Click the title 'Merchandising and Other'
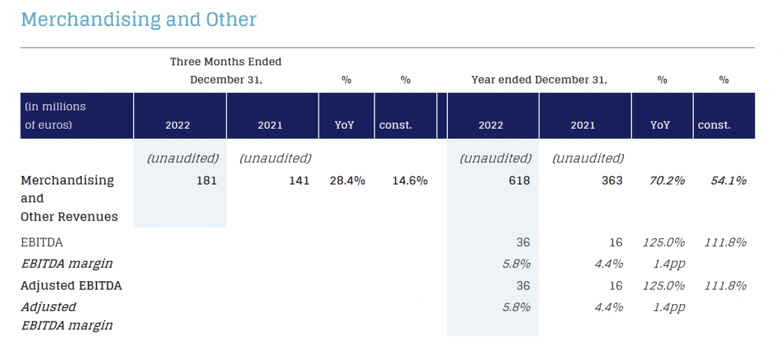pyautogui.click(x=139, y=19)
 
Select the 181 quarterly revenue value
pyautogui.click(x=205, y=181)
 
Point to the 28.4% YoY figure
pyautogui.click(x=347, y=181)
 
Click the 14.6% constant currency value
pyautogui.click(x=409, y=181)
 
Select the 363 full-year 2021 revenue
pyautogui.click(x=610, y=181)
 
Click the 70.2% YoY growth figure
pyautogui.click(x=666, y=181)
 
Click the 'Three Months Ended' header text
pyautogui.click(x=226, y=61)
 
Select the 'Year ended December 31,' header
pyautogui.click(x=539, y=79)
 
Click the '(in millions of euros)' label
pyautogui.click(x=55, y=115)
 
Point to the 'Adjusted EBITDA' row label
pyautogui.click(x=71, y=286)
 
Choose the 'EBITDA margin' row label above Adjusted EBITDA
pyautogui.click(x=67, y=263)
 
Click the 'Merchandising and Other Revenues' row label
pyautogui.click(x=69, y=198)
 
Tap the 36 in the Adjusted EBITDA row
pyautogui.click(x=524, y=286)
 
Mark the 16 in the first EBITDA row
pyautogui.click(x=616, y=242)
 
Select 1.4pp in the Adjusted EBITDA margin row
pyautogui.click(x=666, y=307)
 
